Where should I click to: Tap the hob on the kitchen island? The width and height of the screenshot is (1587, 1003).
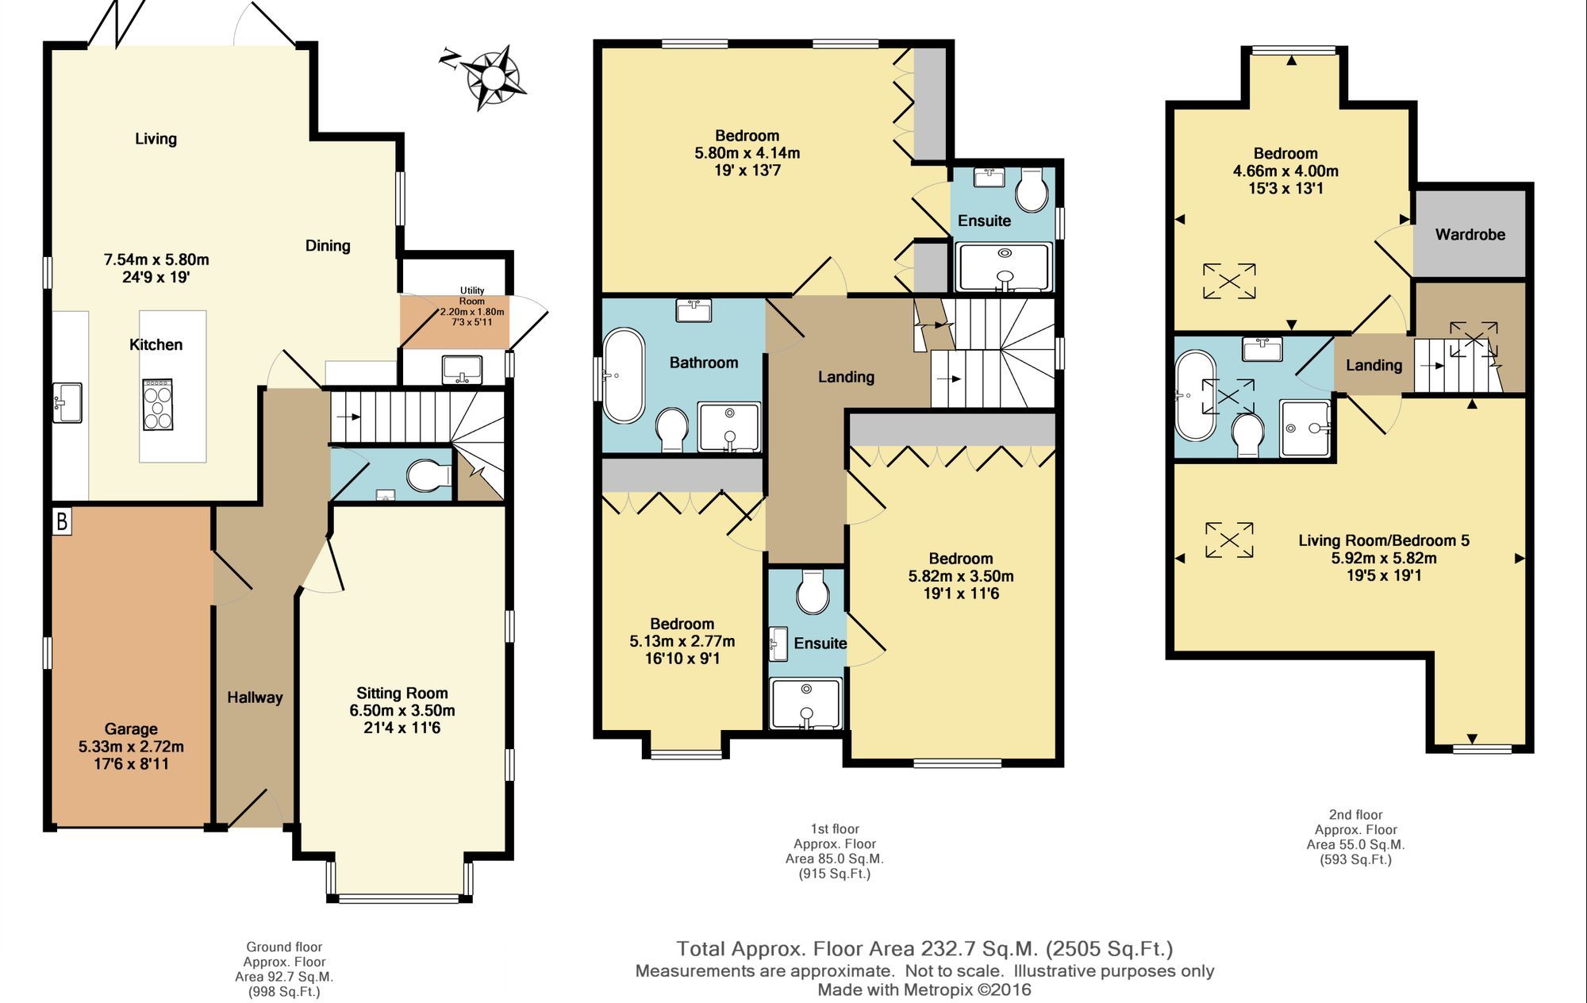(x=157, y=405)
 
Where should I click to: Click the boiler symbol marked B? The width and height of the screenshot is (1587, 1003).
(x=62, y=521)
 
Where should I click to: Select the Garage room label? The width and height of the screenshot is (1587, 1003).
(x=131, y=728)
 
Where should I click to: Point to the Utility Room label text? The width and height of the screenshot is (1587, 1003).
(x=472, y=296)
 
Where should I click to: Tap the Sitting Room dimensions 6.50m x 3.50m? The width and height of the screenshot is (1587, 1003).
(x=402, y=710)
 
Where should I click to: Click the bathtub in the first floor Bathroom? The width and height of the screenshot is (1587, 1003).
(x=624, y=375)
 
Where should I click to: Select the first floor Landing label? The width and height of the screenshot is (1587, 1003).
(x=846, y=377)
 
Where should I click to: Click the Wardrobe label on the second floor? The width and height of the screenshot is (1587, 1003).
(x=1470, y=234)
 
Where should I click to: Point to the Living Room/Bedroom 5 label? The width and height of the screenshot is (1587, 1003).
(x=1384, y=540)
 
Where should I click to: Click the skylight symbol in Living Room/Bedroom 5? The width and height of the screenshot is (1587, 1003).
(x=1229, y=540)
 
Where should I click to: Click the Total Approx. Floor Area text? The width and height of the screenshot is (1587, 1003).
(x=924, y=948)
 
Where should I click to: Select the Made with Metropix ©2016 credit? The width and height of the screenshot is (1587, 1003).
(x=924, y=990)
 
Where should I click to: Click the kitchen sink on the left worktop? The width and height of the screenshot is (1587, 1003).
(x=67, y=402)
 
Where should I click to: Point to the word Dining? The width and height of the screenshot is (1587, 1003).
(x=328, y=246)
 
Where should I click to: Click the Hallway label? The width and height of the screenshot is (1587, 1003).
(x=255, y=697)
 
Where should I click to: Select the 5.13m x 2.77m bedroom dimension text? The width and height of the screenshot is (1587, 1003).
(x=682, y=641)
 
